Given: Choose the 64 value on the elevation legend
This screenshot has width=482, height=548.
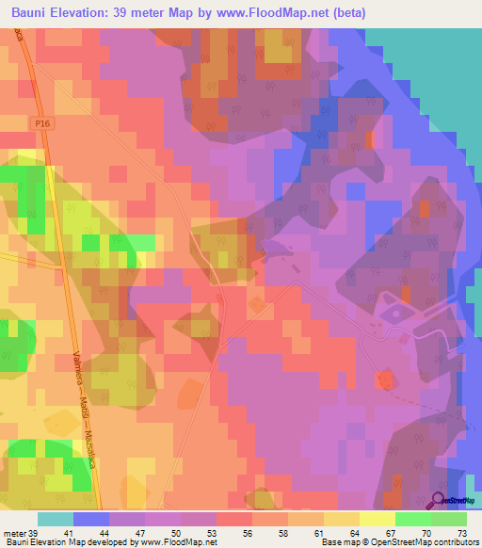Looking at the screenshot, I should point(340,532).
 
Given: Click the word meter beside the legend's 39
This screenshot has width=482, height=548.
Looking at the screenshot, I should point(15,532).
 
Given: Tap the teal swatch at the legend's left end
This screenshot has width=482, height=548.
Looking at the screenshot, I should point(56,519).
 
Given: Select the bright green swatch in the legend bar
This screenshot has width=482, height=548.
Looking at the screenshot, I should point(414,519).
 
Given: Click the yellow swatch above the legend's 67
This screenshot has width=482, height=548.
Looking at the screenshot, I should point(378,519).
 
